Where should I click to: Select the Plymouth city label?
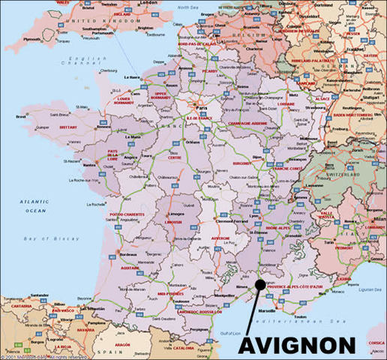[32, 39]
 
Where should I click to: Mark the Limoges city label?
[174, 213]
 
